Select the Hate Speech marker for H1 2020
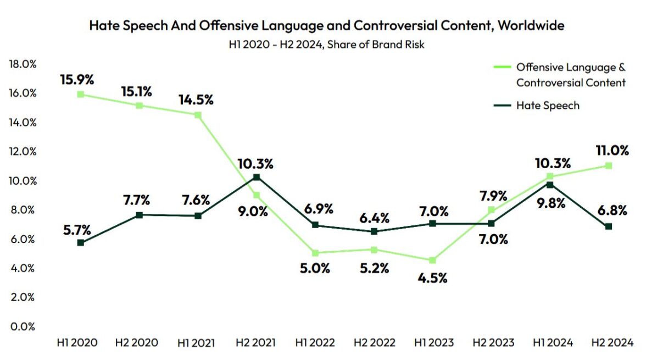(81, 242)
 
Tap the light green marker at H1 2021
(198, 115)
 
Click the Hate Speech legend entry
(547, 106)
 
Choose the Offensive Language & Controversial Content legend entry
(570, 75)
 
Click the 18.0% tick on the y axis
(22, 64)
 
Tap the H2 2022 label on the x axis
(374, 343)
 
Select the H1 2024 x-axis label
(552, 343)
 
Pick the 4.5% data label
(433, 278)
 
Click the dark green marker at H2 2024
(609, 226)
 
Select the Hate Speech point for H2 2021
(257, 177)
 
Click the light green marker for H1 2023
(433, 260)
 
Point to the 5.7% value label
(77, 230)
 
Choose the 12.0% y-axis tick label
(22, 152)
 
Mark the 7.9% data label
(492, 196)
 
